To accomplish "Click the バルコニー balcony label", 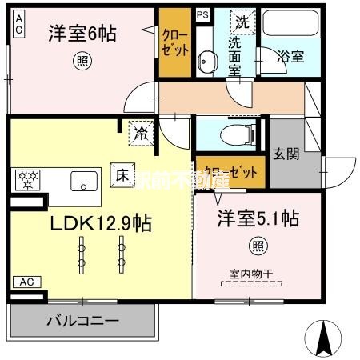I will pos(82,322).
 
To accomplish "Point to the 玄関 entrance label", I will pos(285,154).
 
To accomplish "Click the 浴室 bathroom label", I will pos(290,56).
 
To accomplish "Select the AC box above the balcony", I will pos(26,282).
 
